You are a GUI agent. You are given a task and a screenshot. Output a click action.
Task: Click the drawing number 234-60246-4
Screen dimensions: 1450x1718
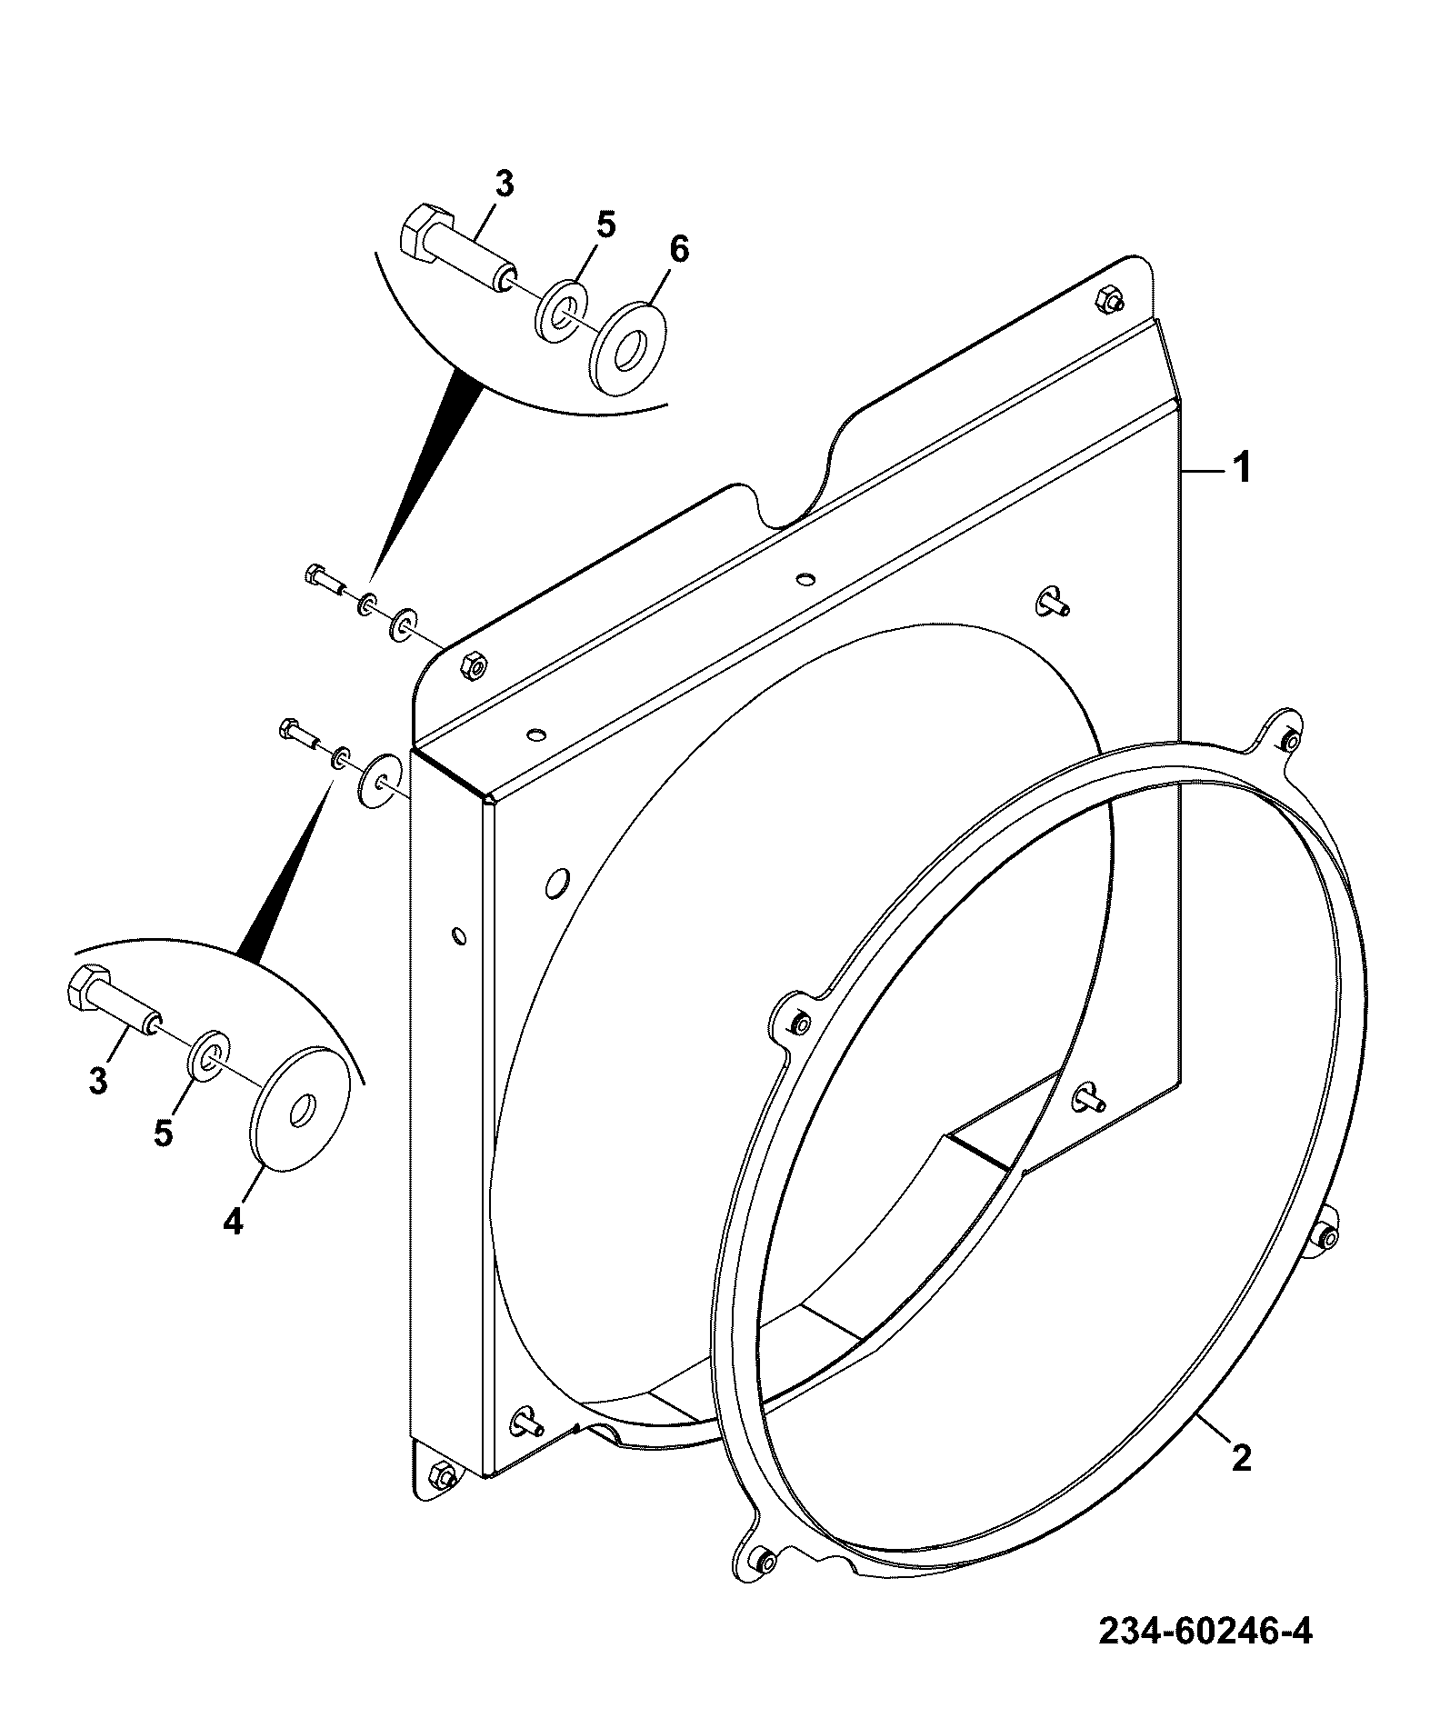1205,1631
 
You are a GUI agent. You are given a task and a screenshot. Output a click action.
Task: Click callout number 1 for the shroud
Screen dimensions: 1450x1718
1241,469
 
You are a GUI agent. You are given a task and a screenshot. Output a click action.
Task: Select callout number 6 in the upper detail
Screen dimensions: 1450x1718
679,249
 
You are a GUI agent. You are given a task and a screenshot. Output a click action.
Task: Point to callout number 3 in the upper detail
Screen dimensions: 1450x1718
504,184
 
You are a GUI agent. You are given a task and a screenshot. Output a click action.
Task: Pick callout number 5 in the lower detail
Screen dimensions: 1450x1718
164,1133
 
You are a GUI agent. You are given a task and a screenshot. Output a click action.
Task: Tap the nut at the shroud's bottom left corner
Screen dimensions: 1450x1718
441,1475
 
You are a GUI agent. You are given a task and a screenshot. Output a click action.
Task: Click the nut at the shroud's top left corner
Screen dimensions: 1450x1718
473,666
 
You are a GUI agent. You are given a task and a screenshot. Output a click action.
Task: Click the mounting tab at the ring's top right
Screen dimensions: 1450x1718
1284,738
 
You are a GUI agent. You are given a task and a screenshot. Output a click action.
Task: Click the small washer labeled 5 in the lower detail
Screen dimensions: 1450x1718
210,1054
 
